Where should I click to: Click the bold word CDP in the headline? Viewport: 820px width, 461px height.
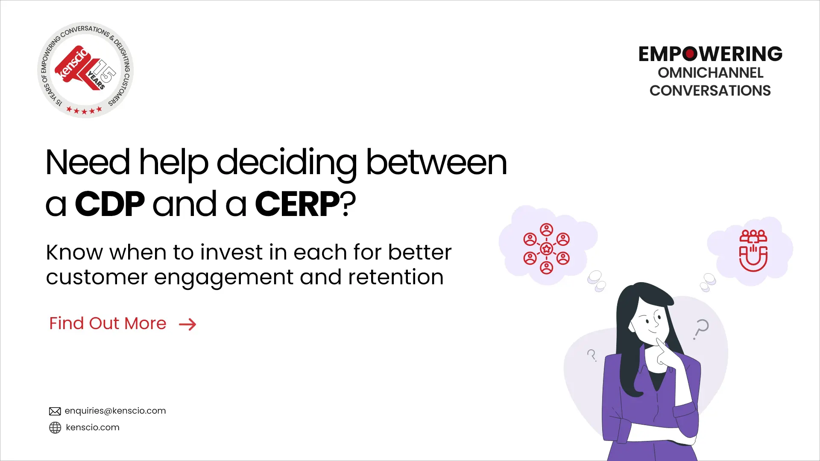coord(110,204)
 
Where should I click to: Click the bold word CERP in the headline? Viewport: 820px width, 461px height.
coord(297,204)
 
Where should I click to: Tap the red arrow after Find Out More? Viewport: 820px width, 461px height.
coord(187,324)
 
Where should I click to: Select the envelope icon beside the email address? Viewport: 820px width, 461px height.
coord(55,411)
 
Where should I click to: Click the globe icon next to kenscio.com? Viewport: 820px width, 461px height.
coord(55,427)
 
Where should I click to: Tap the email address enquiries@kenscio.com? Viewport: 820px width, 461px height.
coord(115,411)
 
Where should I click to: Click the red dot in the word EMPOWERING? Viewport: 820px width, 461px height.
coord(690,54)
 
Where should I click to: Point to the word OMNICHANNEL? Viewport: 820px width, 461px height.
coord(710,73)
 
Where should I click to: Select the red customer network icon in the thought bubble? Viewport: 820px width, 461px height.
coord(547,248)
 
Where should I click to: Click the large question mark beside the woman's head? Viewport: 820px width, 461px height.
coord(701,329)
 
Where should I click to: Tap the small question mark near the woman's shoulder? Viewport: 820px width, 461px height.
coord(592,355)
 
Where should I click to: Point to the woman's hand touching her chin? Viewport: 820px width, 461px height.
coord(664,352)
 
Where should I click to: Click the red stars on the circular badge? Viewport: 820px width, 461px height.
coord(84,111)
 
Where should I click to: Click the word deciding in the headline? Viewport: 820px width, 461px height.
coord(287,163)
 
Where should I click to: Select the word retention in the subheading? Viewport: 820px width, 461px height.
coord(396,277)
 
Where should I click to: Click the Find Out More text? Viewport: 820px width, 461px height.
coord(108,324)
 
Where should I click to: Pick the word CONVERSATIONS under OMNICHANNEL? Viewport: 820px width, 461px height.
coord(710,91)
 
